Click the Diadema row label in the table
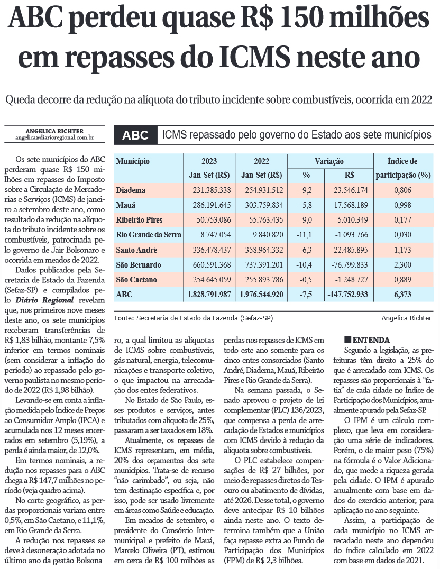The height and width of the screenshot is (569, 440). tap(131, 190)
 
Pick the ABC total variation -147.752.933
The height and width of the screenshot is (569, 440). tap(349, 294)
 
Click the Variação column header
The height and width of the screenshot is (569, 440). tap(329, 161)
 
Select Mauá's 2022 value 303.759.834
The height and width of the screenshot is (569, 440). tap(261, 205)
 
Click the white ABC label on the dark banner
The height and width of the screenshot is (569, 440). tap(135, 135)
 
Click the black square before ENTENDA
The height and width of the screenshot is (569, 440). tap(347, 339)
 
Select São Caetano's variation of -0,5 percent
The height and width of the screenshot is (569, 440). tap(306, 279)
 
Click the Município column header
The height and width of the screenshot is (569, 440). tap(133, 161)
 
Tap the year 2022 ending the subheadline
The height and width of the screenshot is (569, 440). tap(422, 99)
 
